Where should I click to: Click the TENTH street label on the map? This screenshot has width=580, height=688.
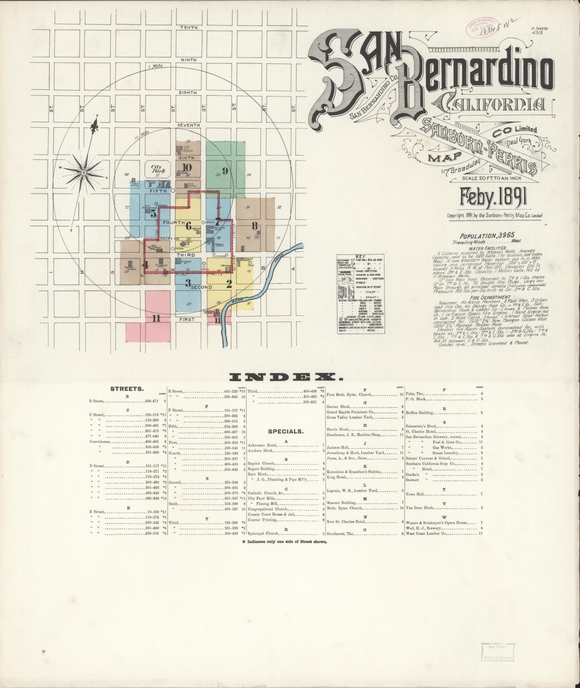[188, 28]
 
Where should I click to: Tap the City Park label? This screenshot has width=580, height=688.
[157, 169]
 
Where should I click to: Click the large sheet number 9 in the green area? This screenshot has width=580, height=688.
[225, 171]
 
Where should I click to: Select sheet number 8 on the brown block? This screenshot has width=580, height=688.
[255, 226]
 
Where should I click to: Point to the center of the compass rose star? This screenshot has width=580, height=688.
[83, 174]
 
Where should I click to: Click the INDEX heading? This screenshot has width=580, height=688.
[286, 377]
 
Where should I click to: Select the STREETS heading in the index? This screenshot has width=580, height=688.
[127, 389]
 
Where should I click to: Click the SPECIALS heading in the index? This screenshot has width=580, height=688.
[286, 431]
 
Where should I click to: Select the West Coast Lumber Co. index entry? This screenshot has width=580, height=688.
[426, 533]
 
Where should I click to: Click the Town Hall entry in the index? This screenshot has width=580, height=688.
[415, 494]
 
